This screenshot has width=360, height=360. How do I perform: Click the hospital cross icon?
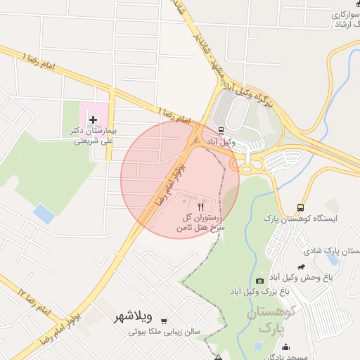point(93,120)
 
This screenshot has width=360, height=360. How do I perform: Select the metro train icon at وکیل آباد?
point(221,131)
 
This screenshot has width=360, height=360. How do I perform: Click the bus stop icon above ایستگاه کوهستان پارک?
point(301,208)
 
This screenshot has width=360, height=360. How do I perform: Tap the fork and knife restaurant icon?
point(202,207)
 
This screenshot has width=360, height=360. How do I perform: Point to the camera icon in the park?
point(261,281)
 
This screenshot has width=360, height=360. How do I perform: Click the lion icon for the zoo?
point(302,267)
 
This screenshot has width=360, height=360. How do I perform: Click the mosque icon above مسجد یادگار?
point(286,347)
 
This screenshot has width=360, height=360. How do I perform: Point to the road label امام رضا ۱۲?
point(32,298)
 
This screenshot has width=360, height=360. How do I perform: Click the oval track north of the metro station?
point(237,112)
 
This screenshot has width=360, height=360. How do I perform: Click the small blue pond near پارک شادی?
point(332,259)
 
